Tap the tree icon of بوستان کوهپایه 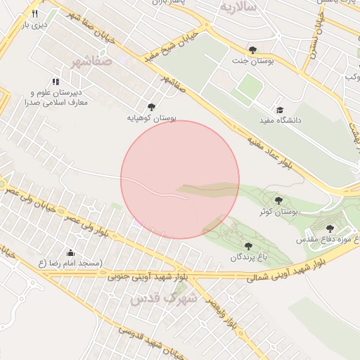click(150, 106)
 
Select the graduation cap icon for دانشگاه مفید click(280, 110)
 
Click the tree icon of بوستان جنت click(252, 49)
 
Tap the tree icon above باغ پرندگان click(247, 245)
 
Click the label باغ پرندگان click(247, 257)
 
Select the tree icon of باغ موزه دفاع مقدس click(330, 229)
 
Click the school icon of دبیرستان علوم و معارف click(56, 82)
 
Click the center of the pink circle click(180, 179)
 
